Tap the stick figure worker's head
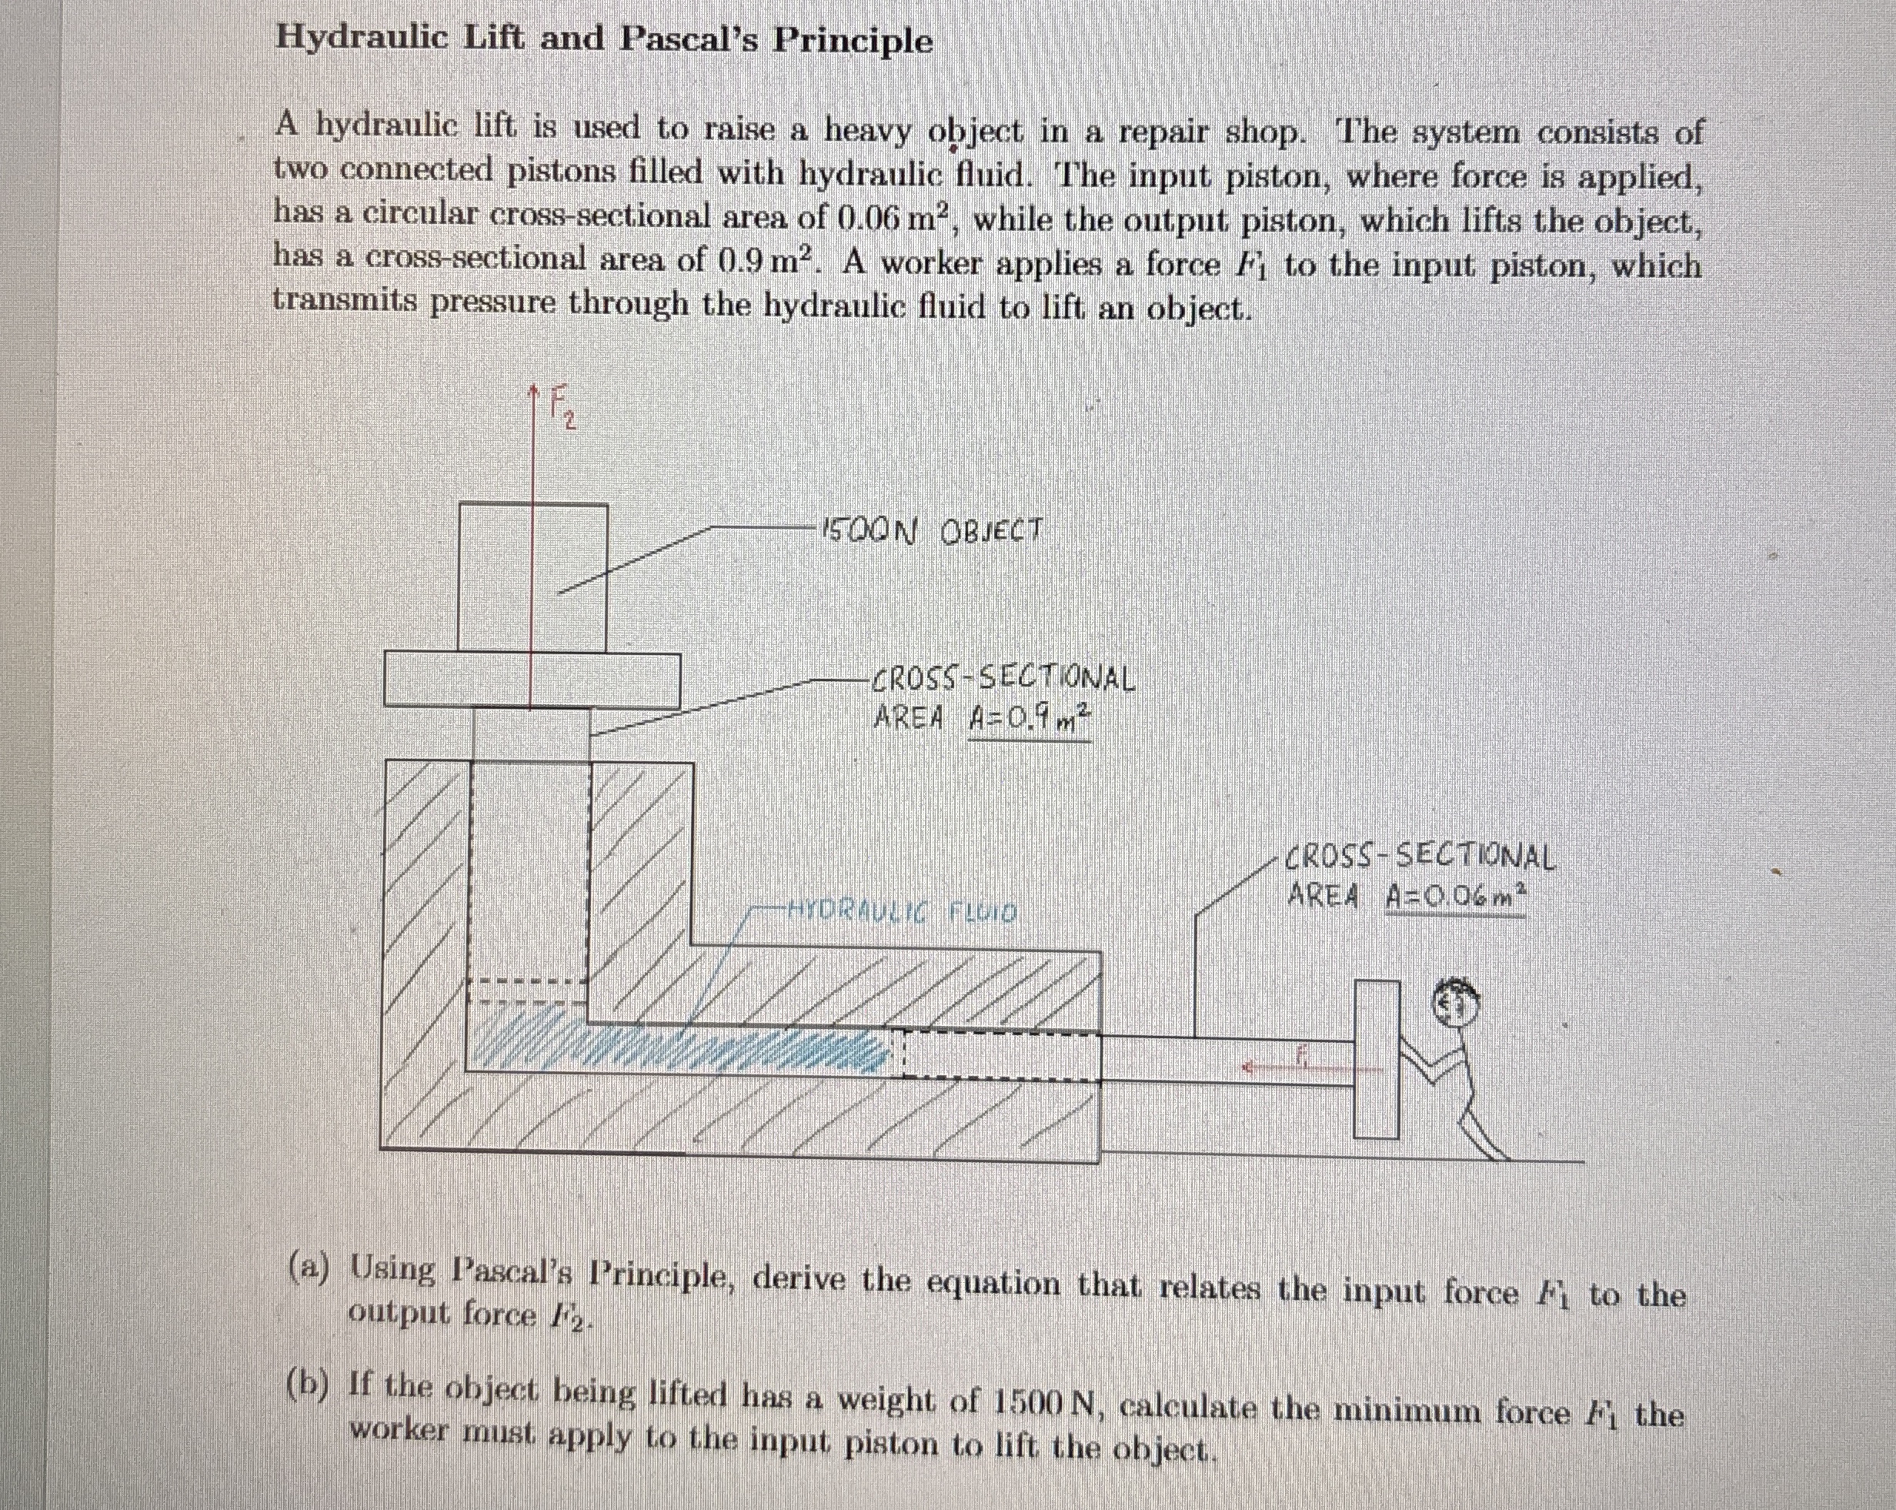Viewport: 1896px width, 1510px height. pyautogui.click(x=1457, y=1002)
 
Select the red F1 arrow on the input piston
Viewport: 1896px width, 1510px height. pyautogui.click(x=1275, y=1067)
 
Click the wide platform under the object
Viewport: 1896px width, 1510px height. pyautogui.click(x=532, y=680)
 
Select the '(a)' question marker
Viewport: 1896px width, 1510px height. pyautogui.click(x=309, y=1268)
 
